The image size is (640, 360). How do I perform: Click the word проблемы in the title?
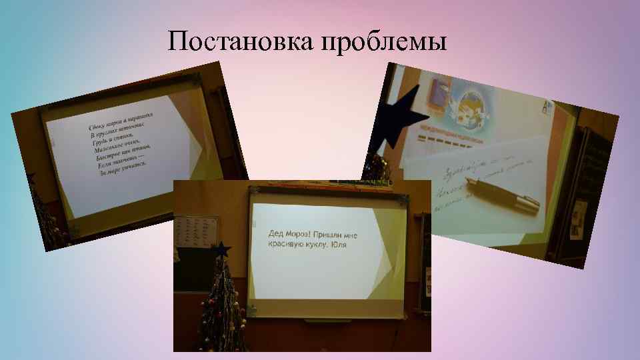click(x=384, y=42)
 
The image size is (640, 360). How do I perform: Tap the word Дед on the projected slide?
click(x=276, y=234)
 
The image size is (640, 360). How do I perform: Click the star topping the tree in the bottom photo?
click(x=221, y=250)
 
